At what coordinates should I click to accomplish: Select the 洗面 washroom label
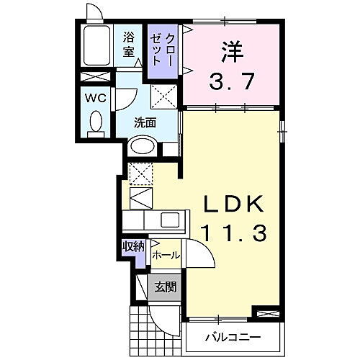[145, 122]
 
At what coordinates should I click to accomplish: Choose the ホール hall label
[166, 255]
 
